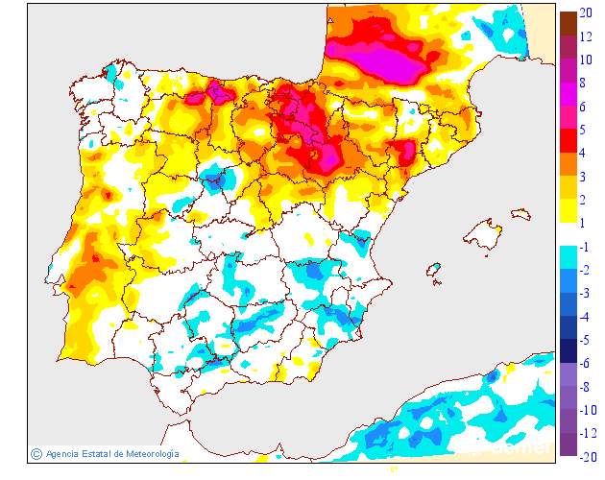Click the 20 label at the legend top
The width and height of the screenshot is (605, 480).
click(585, 13)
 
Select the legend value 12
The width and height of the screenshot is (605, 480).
click(585, 36)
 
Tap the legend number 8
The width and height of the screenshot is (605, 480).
click(584, 84)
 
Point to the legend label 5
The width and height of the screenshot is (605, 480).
click(584, 130)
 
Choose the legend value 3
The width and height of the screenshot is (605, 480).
click(584, 177)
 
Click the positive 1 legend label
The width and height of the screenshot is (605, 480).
click(584, 223)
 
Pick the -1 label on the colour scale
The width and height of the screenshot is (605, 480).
click(585, 247)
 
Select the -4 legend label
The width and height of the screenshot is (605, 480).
click(585, 317)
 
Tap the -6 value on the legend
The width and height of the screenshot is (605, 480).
click(585, 363)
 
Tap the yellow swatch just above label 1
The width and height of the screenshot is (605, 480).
click(568, 210)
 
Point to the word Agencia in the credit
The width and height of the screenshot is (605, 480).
click(62, 453)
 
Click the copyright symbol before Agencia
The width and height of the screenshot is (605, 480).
click(36, 453)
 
